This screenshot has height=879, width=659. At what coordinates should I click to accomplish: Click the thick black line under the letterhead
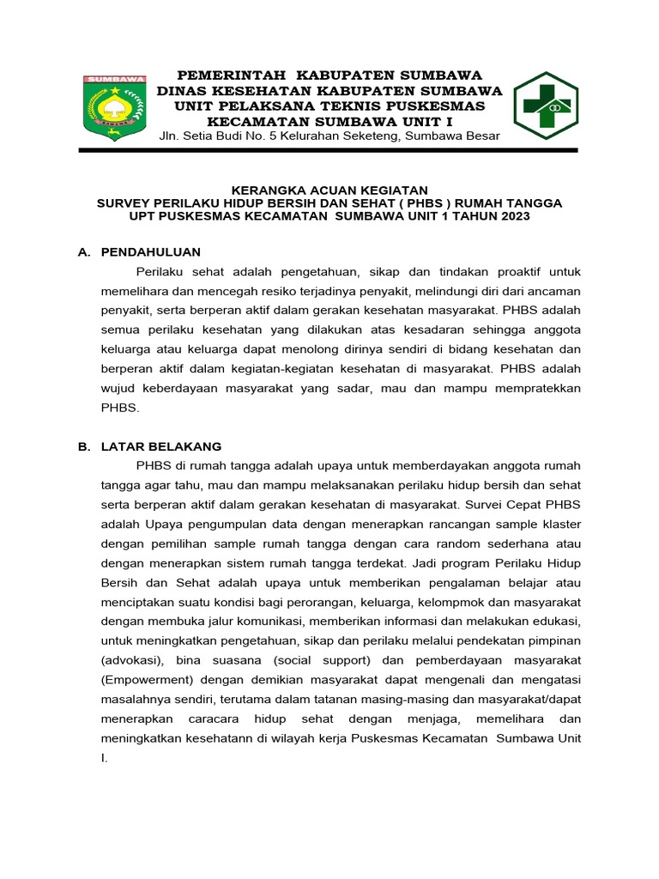click(329, 150)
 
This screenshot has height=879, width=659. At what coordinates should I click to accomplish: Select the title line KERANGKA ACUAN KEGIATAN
click(330, 190)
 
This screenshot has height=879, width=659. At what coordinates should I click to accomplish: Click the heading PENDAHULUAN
click(151, 252)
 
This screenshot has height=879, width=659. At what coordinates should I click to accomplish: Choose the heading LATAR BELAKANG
click(161, 446)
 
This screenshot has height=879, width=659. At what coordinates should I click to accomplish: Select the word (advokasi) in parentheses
click(131, 660)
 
